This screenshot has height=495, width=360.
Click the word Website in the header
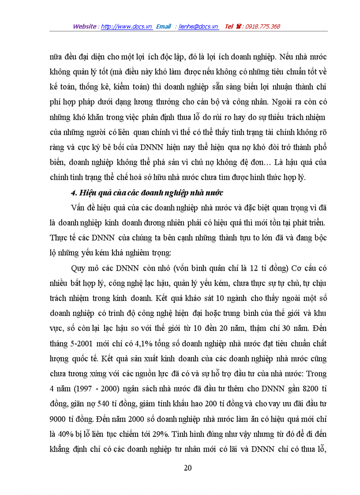(85, 26)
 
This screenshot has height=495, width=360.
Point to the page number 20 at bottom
(187, 468)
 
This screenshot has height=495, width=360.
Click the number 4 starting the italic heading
(73, 192)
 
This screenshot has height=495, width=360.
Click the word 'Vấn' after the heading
(77, 208)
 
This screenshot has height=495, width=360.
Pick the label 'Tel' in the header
(229, 26)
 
